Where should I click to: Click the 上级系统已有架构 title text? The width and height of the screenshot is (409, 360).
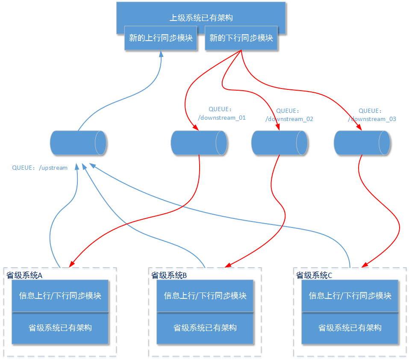coord(201,18)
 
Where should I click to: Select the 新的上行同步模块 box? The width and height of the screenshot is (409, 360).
coord(161,38)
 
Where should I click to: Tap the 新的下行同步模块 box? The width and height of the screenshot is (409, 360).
coord(241,38)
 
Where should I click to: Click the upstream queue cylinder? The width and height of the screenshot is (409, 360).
coord(78,143)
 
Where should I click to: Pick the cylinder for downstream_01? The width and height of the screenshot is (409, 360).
coord(199,143)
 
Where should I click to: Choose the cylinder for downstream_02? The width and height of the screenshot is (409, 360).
coord(279,143)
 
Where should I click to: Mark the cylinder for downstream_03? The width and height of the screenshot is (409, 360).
coord(362,143)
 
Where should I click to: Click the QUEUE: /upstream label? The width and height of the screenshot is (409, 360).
coord(40,168)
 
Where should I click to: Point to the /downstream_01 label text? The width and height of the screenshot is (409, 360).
coord(221,118)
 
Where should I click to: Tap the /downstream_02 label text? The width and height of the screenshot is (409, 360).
coord(289,119)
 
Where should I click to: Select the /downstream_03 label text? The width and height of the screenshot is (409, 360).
coord(372,119)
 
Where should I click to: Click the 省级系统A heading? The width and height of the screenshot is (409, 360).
coord(24,275)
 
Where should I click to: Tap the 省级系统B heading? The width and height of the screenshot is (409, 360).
coord(169,275)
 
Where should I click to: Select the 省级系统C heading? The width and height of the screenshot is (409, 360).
coord(314,275)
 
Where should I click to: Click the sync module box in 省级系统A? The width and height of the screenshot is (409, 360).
coord(60,296)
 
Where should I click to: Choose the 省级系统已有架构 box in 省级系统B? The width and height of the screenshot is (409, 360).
coord(205,328)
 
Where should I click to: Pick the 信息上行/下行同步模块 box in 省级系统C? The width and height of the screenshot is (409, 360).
coord(350,296)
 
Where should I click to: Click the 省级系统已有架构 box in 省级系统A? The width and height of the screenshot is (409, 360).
coord(60,328)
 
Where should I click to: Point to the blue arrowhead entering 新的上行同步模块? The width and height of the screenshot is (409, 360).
coord(161,54)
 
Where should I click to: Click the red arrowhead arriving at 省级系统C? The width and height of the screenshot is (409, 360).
coord(364,266)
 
